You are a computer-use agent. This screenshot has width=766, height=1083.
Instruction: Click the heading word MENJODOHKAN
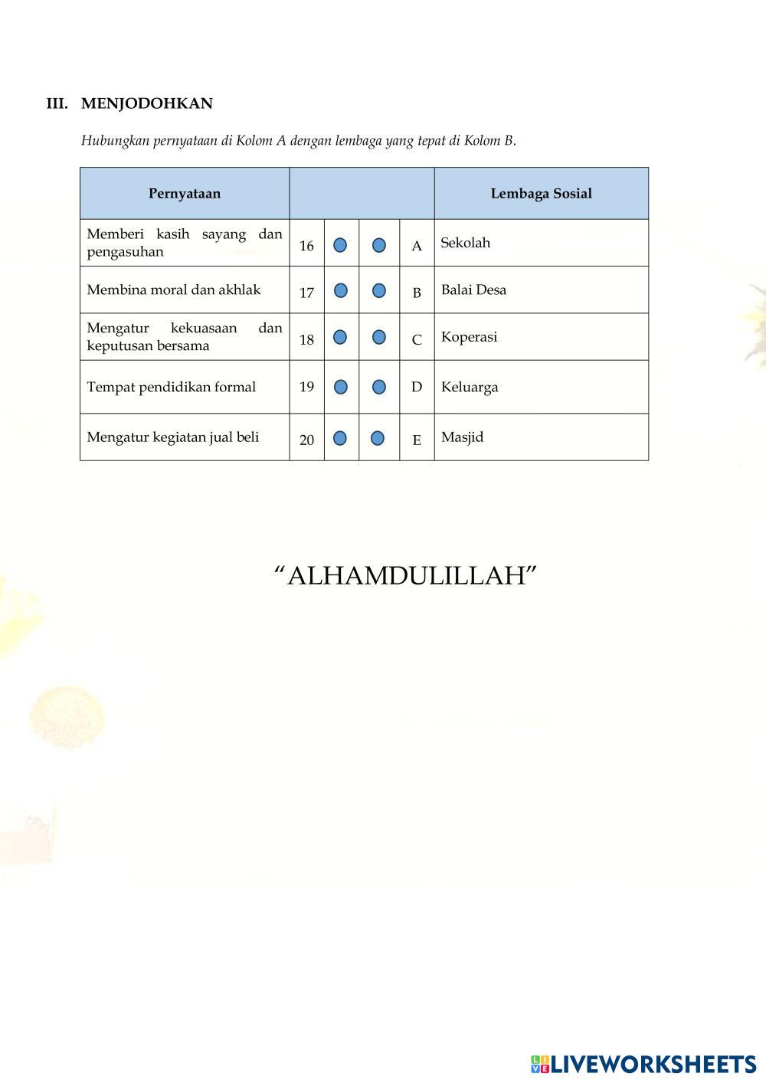coord(146,103)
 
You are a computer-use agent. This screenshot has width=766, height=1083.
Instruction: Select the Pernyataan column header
coord(185,194)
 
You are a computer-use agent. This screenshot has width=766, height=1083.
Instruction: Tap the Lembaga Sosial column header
coord(541,194)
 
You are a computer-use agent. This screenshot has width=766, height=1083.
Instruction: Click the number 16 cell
coord(306,246)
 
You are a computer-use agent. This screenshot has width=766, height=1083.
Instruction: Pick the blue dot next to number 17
coord(341,291)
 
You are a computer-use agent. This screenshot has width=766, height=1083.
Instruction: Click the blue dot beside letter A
coord(379,245)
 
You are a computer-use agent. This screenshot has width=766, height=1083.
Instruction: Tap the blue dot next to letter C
coord(379,338)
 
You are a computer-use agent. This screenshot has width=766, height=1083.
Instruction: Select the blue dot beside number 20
coord(340,438)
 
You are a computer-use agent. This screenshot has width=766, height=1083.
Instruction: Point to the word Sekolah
coord(465,243)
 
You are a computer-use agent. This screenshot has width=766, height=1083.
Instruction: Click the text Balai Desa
coord(473,290)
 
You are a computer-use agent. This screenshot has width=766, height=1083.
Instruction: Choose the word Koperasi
coord(469,337)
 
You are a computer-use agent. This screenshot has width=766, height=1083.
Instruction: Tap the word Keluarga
coord(470,387)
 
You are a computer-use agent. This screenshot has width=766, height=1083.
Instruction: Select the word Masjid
coord(462,437)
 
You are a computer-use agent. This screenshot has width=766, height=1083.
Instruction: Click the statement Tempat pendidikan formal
coord(171,387)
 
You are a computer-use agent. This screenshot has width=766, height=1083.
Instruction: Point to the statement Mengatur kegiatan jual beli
coord(173,437)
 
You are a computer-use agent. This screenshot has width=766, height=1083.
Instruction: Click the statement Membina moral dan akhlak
coord(174,290)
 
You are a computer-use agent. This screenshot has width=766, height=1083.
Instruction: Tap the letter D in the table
coord(417,387)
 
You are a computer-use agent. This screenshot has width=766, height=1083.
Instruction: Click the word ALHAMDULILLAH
coord(405,575)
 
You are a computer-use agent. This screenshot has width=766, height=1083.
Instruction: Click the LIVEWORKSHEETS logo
coord(643,1064)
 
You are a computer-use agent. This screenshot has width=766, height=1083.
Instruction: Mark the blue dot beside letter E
coord(378,438)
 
